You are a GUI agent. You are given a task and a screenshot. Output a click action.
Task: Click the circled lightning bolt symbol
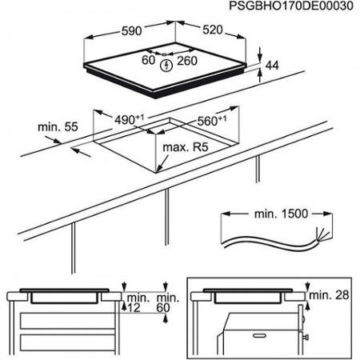coord(166,64)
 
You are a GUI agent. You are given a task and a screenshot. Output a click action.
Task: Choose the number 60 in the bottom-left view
coord(165,306)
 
